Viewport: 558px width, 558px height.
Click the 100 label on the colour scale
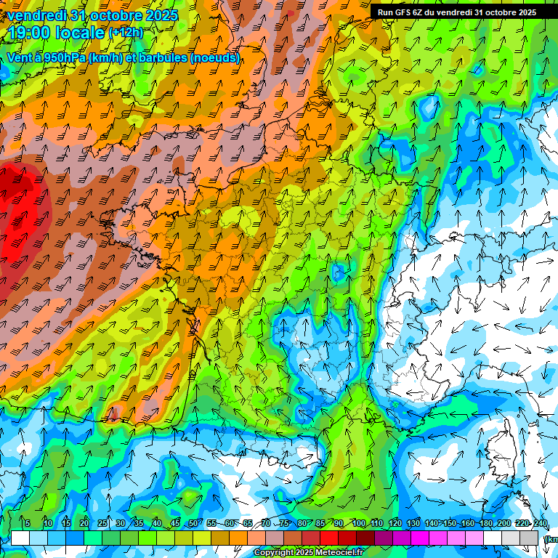point(358,524)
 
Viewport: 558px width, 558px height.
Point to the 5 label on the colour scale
point(28,524)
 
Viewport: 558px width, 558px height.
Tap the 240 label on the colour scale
point(540,524)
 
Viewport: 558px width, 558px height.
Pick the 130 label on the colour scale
point(413,524)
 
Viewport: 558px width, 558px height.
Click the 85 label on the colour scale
point(320,524)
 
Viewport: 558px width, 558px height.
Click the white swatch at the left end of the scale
point(20,538)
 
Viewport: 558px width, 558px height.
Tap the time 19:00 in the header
point(32,33)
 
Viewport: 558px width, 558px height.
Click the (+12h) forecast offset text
point(126,33)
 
